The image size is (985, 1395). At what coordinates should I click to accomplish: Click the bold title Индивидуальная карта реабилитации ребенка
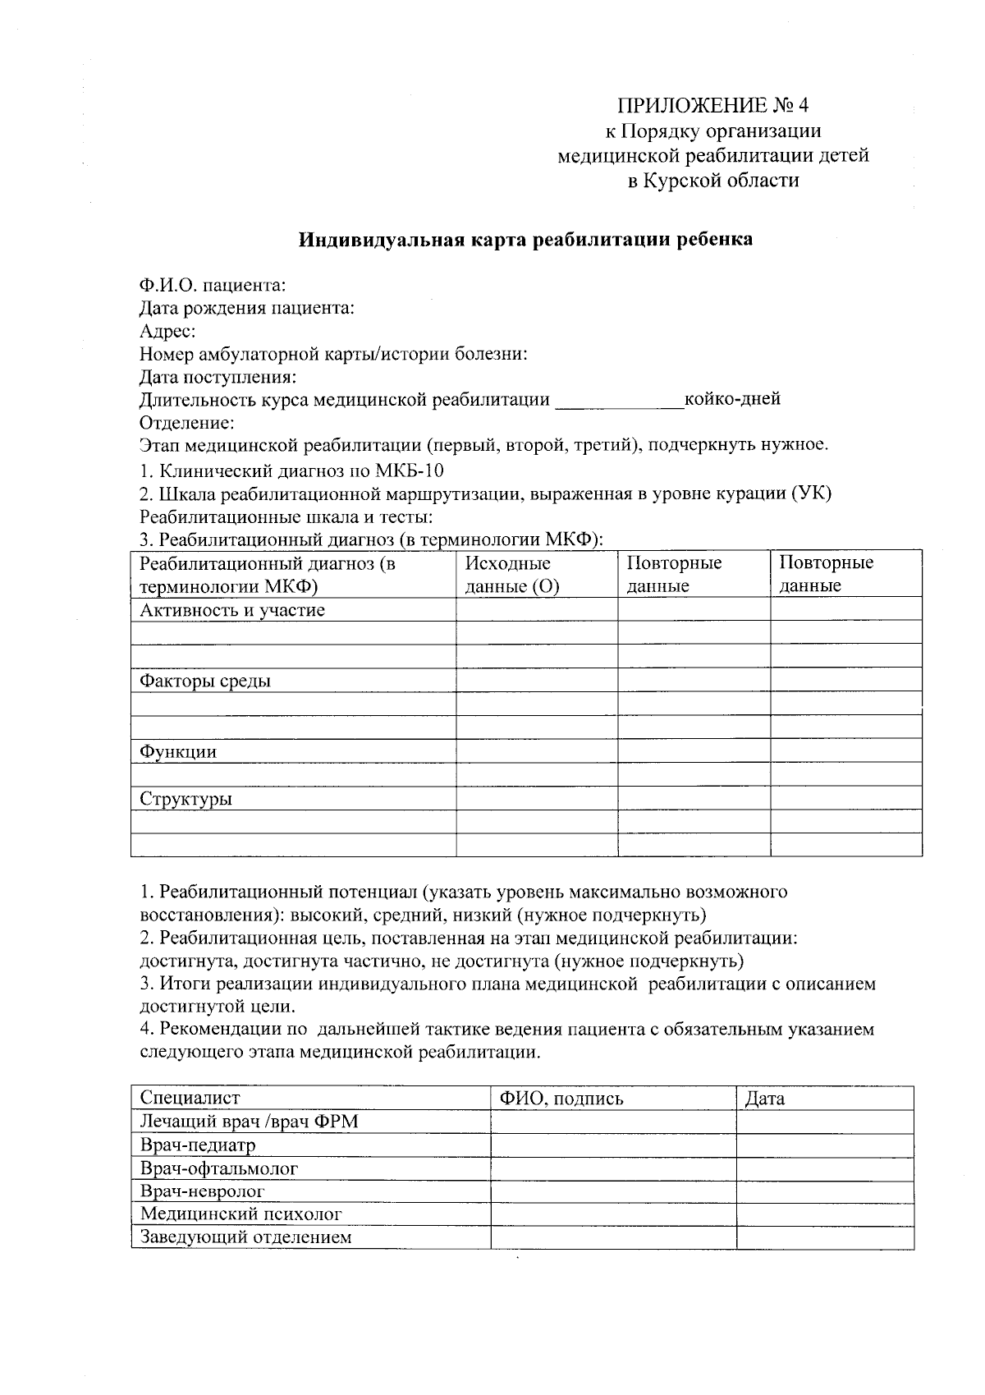525,240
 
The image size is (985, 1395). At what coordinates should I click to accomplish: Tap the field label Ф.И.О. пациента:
213,286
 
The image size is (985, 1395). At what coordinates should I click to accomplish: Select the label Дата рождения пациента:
247,309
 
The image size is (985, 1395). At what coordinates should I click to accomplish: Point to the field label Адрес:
167,332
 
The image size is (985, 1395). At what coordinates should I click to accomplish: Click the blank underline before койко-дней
619,402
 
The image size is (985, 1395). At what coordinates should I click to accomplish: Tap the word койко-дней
732,400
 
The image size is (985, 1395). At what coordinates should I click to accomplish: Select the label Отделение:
187,423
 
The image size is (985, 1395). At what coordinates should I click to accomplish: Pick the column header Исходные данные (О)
511,575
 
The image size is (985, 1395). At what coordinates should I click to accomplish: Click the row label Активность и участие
232,610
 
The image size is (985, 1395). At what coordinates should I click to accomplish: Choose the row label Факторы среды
205,681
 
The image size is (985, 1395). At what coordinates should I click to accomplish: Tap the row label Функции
178,751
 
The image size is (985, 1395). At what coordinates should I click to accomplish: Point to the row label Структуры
186,799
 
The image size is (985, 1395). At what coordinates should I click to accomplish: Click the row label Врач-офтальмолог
219,1168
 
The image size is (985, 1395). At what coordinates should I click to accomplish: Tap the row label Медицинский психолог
241,1214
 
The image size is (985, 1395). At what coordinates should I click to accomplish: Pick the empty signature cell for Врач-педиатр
612,1145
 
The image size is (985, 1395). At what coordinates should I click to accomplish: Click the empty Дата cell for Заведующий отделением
824,1237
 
